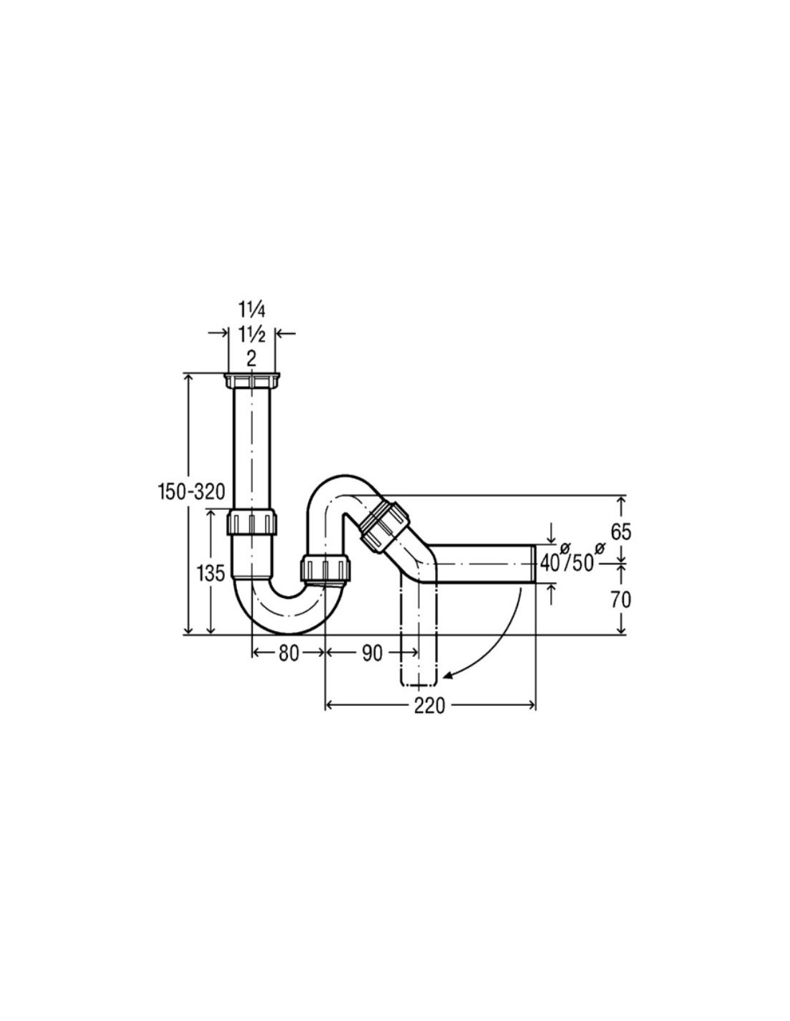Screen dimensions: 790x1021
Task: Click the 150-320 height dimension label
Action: (191, 493)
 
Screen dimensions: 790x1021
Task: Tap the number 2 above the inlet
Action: (251, 360)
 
